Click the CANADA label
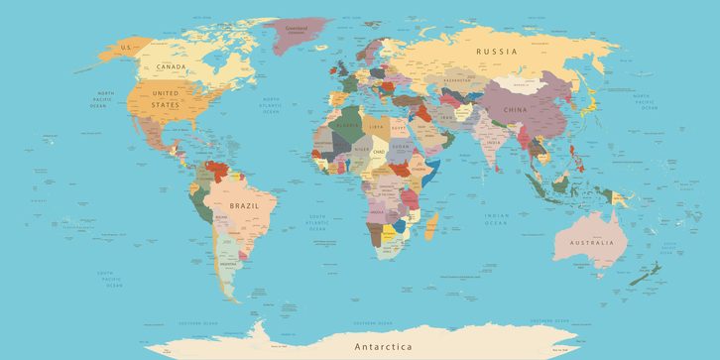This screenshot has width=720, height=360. (173, 67)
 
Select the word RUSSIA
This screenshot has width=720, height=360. (497, 51)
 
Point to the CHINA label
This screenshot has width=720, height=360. (516, 110)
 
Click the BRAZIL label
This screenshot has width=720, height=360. (243, 205)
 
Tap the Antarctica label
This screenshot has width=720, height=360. (385, 346)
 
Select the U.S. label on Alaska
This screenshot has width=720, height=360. (126, 47)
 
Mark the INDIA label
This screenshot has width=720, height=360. (493, 143)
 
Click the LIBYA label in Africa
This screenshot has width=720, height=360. (375, 128)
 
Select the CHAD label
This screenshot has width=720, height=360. (378, 152)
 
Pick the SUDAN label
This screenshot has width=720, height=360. (400, 146)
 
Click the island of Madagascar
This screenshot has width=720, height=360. (431, 229)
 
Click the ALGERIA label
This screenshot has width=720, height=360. (344, 126)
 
